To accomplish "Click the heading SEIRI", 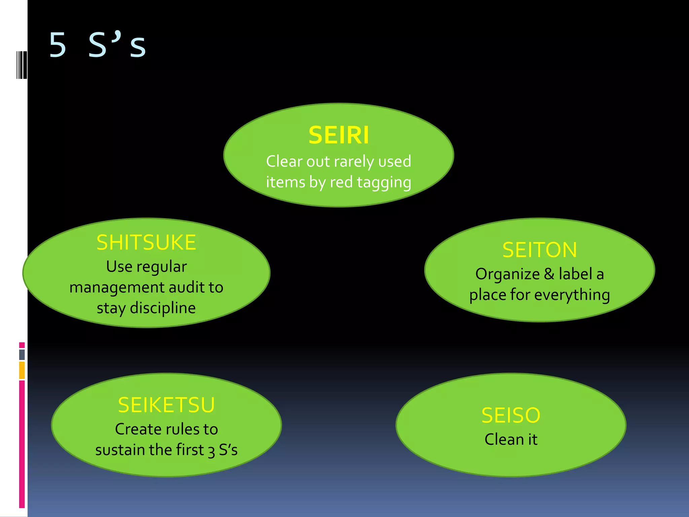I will click(x=338, y=135).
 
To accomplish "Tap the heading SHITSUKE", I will click(x=146, y=242).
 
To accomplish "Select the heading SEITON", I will click(x=539, y=250).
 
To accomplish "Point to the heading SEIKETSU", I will click(x=166, y=405).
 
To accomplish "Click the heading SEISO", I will click(x=511, y=415).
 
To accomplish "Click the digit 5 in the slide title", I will click(x=58, y=45).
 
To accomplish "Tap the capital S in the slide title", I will click(x=98, y=45).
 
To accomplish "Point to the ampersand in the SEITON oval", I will click(x=549, y=274).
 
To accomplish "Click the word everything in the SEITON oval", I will click(x=572, y=295).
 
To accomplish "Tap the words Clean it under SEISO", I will click(x=511, y=440).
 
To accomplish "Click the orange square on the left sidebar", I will click(x=22, y=370).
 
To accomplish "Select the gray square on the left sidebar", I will click(x=22, y=354).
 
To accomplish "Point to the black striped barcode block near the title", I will click(x=22, y=65).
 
